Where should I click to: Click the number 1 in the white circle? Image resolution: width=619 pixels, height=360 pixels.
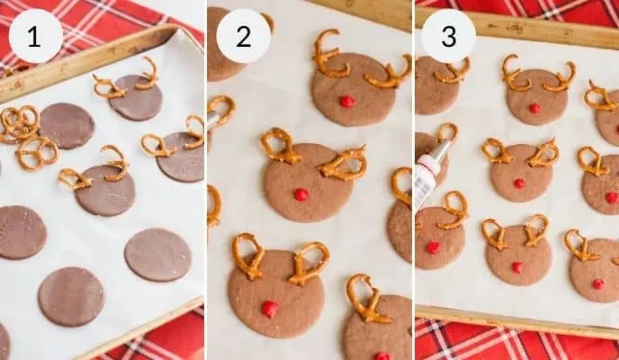[35, 36]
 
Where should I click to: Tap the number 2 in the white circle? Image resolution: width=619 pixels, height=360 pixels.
[243, 36]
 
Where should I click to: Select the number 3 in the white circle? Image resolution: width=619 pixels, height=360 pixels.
[448, 36]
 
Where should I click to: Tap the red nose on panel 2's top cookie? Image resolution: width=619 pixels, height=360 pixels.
[347, 102]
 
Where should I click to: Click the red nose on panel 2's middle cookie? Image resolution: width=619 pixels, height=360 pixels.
[301, 194]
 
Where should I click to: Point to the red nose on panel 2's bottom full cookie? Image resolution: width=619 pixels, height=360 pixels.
[270, 309]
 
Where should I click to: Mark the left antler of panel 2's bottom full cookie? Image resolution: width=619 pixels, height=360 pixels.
[248, 255]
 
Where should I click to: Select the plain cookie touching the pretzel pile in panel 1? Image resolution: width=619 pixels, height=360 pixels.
[67, 126]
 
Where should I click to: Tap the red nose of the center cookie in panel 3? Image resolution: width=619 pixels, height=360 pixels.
[519, 183]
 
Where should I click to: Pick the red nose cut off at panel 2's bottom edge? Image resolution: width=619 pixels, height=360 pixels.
[382, 356]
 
